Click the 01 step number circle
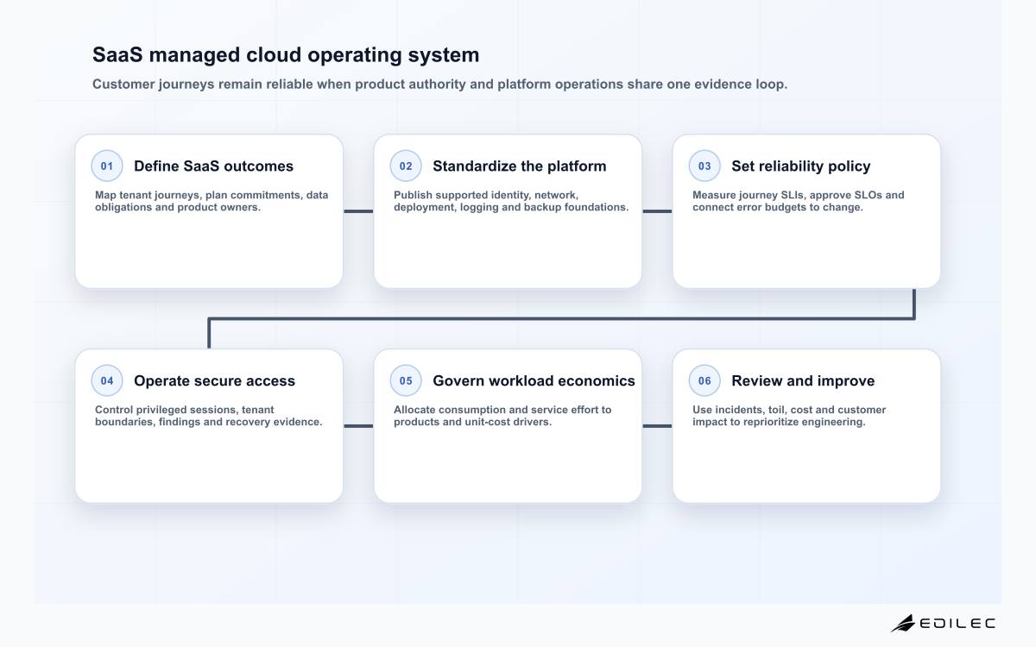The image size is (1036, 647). click(107, 166)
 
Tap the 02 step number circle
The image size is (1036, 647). click(406, 166)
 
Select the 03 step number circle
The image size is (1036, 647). click(704, 166)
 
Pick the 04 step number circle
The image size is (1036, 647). click(107, 380)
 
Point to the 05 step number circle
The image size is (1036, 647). click(406, 380)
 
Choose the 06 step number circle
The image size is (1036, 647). click(704, 380)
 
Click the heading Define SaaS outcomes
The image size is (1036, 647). click(214, 166)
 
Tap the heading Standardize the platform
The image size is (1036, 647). click(520, 166)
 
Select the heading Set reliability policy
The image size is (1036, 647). click(800, 166)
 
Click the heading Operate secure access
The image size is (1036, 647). click(214, 380)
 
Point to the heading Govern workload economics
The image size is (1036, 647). click(534, 380)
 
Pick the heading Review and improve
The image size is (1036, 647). click(803, 381)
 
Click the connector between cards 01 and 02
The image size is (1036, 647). click(358, 211)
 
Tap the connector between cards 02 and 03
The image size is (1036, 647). click(657, 211)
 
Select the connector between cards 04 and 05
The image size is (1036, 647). click(358, 426)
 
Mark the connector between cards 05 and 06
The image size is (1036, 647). click(657, 426)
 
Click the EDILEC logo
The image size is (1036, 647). click(943, 623)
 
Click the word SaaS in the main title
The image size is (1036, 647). click(117, 55)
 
